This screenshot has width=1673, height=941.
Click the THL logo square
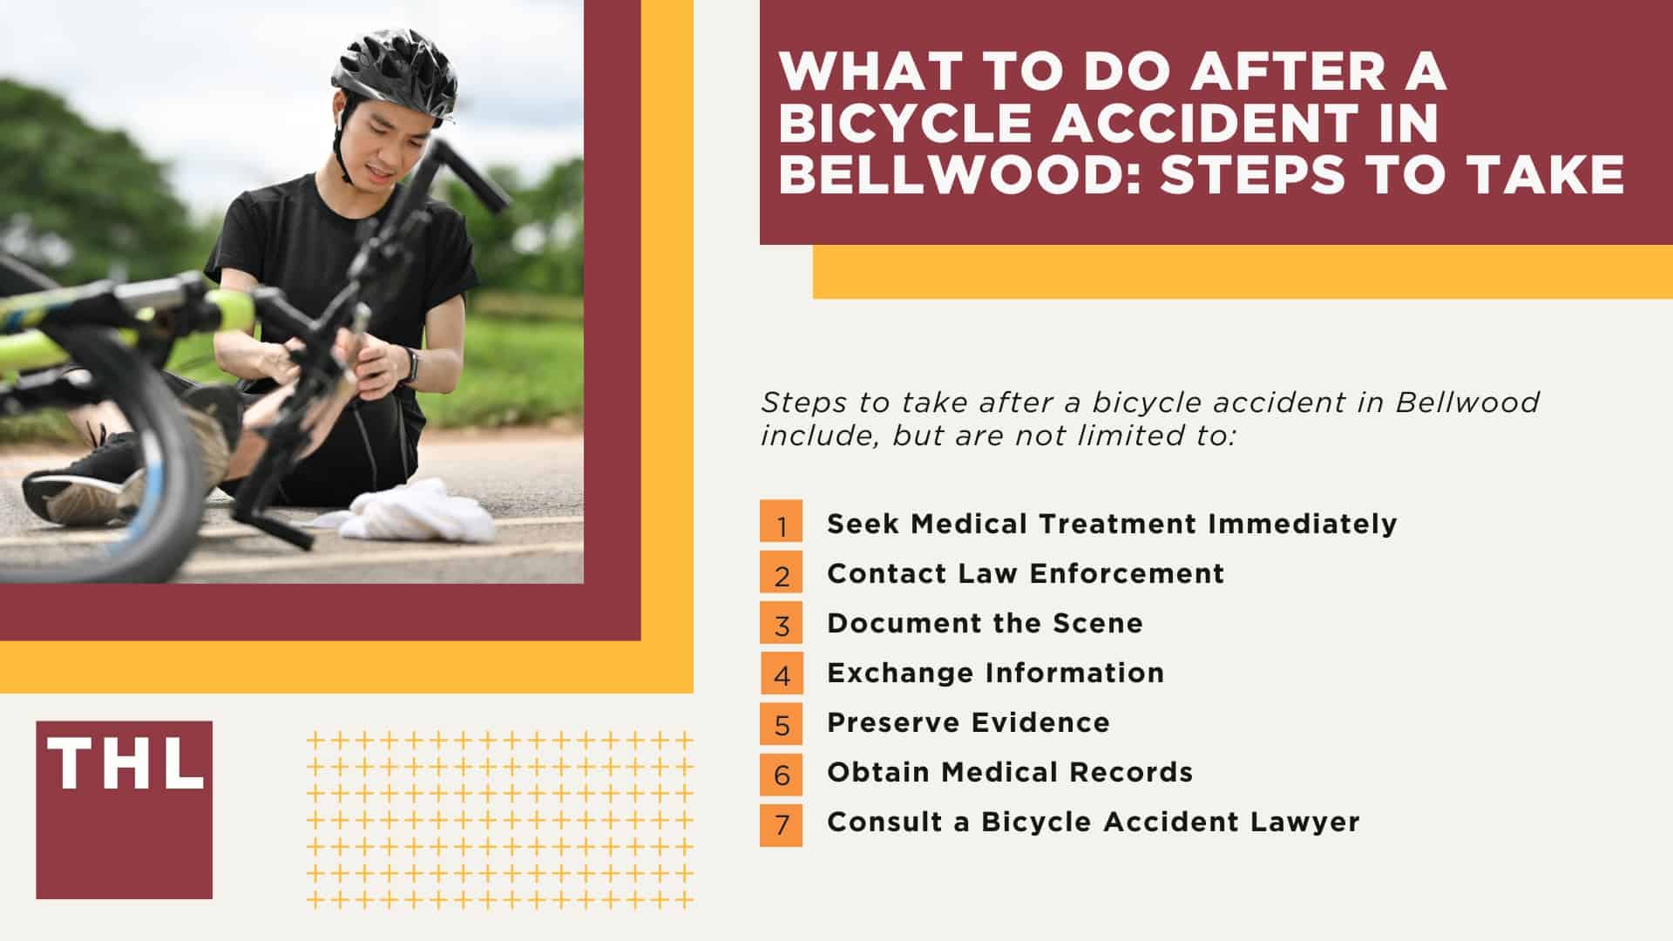(x=124, y=809)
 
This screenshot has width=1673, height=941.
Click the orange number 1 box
(x=781, y=524)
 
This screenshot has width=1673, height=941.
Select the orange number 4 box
(x=781, y=673)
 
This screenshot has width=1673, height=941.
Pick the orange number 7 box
(x=781, y=822)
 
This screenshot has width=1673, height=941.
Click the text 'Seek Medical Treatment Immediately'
(x=1112, y=524)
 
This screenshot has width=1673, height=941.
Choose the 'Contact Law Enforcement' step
(x=1026, y=573)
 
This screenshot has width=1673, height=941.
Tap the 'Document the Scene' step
(x=985, y=623)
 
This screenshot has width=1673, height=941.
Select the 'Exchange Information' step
(x=995, y=673)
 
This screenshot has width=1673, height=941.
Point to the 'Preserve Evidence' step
(x=968, y=722)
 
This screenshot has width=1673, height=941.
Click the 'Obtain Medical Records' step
(x=1010, y=772)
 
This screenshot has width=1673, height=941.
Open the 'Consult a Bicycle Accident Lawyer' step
(x=1093, y=822)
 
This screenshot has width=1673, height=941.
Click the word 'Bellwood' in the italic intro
(x=1467, y=403)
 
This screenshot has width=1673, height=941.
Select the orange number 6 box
(x=781, y=772)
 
